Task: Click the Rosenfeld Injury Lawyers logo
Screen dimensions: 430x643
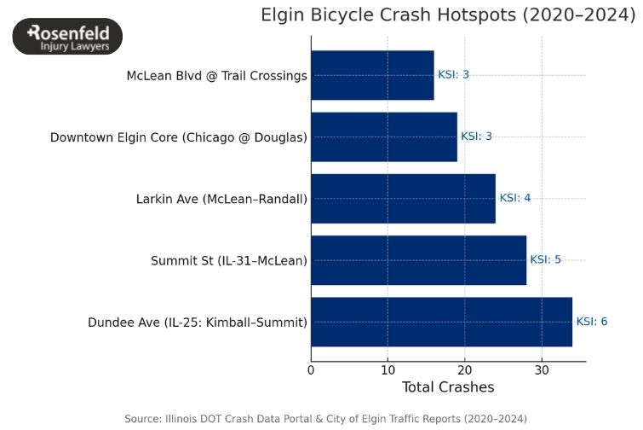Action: [x=68, y=37]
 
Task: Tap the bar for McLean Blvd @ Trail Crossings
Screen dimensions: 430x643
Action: [x=372, y=75]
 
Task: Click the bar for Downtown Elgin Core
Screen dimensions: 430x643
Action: [x=384, y=137]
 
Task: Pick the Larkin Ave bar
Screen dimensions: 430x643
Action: [x=403, y=198]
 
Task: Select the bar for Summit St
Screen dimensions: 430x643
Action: [x=418, y=259]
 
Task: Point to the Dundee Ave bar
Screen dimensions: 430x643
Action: [x=441, y=322]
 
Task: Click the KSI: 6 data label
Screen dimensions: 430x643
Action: [x=592, y=322]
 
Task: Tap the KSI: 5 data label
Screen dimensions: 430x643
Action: [x=545, y=259]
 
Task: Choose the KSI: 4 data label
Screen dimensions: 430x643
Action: [x=514, y=198]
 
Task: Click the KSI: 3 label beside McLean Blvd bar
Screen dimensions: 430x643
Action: [x=453, y=75]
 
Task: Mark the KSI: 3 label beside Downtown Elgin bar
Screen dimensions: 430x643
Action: [x=476, y=137]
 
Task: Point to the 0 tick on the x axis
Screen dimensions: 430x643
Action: [x=311, y=369]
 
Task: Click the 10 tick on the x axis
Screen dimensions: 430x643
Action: [x=388, y=369]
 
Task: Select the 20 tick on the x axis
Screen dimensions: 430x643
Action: [x=465, y=369]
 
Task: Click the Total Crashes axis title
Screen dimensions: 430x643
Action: [x=448, y=388]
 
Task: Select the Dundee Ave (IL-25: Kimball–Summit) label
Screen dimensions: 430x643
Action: [x=197, y=322]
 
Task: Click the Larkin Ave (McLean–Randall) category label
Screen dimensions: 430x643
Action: [x=221, y=199]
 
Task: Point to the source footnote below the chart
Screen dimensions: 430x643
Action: [x=325, y=418]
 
